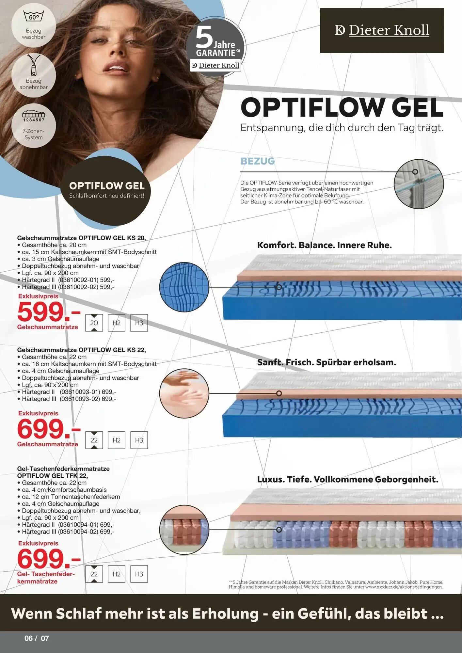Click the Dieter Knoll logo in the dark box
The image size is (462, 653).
click(x=382, y=30)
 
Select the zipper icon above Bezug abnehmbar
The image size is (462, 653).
click(x=34, y=65)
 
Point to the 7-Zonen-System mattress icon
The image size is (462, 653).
click(x=34, y=115)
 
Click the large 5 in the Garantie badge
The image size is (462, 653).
click(x=204, y=38)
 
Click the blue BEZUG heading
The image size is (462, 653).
click(x=258, y=161)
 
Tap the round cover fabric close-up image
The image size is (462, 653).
click(x=419, y=184)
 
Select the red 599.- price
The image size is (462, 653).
click(x=49, y=312)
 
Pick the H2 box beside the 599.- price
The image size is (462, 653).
click(x=117, y=323)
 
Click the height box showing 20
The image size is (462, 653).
click(x=94, y=323)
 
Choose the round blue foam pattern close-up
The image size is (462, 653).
click(x=184, y=287)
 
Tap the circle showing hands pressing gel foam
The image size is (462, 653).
click(x=184, y=393)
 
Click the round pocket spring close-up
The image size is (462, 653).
click(x=184, y=530)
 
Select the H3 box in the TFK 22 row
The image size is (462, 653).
click(x=139, y=574)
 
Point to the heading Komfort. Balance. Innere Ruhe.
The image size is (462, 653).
click(x=325, y=245)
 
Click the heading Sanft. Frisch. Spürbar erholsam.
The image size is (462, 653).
click(x=327, y=362)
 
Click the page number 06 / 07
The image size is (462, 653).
click(x=37, y=638)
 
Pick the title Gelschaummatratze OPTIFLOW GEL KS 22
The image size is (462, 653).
click(x=82, y=350)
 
